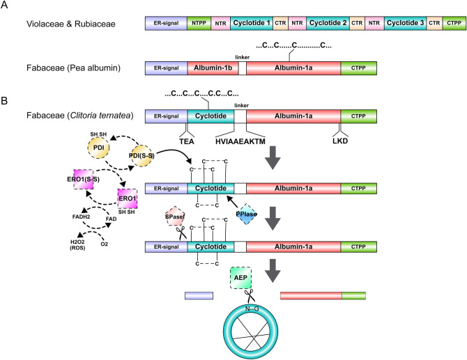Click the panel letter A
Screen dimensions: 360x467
point(7,6)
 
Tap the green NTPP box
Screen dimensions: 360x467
point(197,24)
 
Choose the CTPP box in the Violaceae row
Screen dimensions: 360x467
point(454,24)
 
